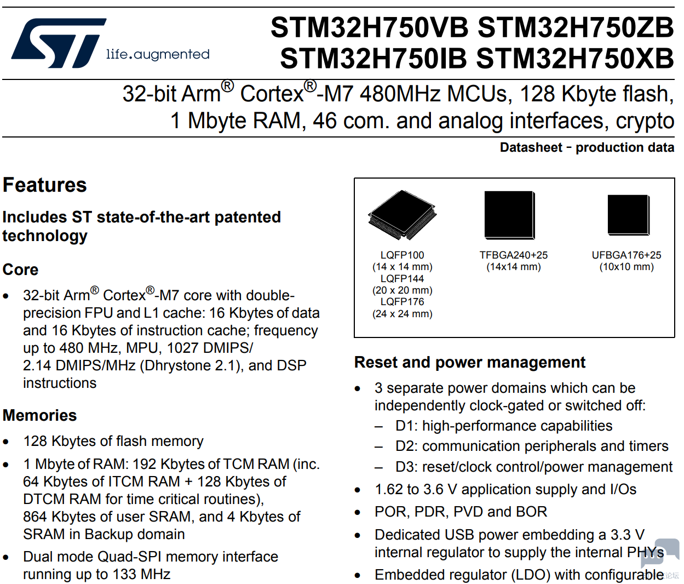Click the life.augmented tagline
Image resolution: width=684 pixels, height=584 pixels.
[158, 54]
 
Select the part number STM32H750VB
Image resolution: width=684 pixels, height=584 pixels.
[370, 27]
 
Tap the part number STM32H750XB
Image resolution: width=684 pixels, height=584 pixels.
[575, 58]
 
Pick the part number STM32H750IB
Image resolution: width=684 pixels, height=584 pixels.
[373, 58]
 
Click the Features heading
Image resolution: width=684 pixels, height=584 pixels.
[45, 185]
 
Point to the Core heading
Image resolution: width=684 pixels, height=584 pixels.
[20, 270]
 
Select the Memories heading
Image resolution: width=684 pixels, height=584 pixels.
[40, 415]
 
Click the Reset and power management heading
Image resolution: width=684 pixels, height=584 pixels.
[470, 362]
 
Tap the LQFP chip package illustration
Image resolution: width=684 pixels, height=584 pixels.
[403, 215]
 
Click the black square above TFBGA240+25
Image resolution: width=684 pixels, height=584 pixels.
[510, 215]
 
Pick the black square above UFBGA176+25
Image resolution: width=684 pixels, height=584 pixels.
[629, 215]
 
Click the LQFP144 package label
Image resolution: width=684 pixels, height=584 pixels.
[402, 278]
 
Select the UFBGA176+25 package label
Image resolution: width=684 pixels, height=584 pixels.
[626, 255]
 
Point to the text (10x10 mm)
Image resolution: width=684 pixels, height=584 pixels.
[626, 267]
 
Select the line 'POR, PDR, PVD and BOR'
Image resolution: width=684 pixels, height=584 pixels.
[461, 512]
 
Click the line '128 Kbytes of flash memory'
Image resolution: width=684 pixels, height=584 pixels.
[113, 442]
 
